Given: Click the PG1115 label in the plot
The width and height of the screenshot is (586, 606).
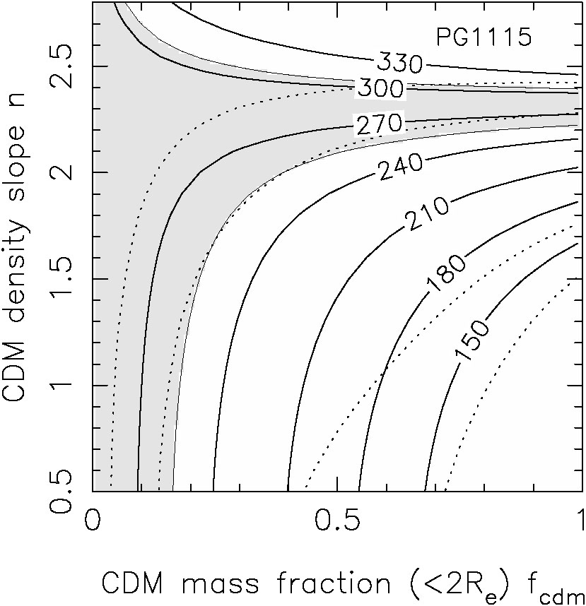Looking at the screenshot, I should click(484, 37).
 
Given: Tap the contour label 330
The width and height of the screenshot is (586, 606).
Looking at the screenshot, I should click(399, 64).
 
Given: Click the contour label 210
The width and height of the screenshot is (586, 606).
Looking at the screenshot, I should click(427, 213).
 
